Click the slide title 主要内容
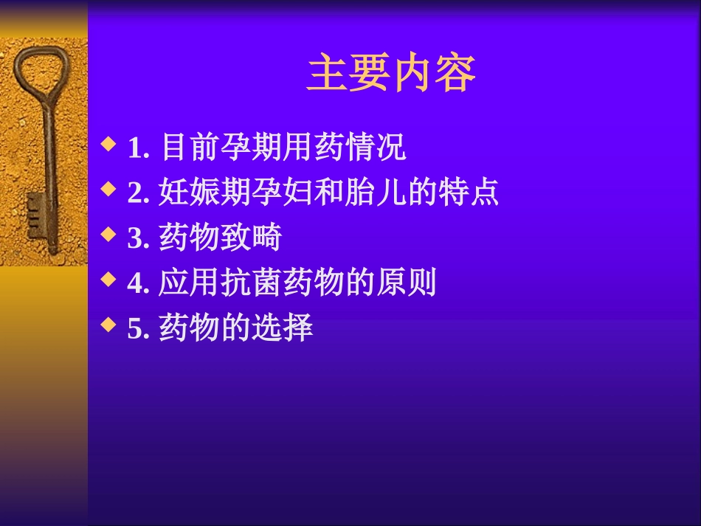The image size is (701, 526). click(390, 73)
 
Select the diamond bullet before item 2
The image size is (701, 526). click(108, 189)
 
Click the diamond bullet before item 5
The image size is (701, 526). click(108, 324)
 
